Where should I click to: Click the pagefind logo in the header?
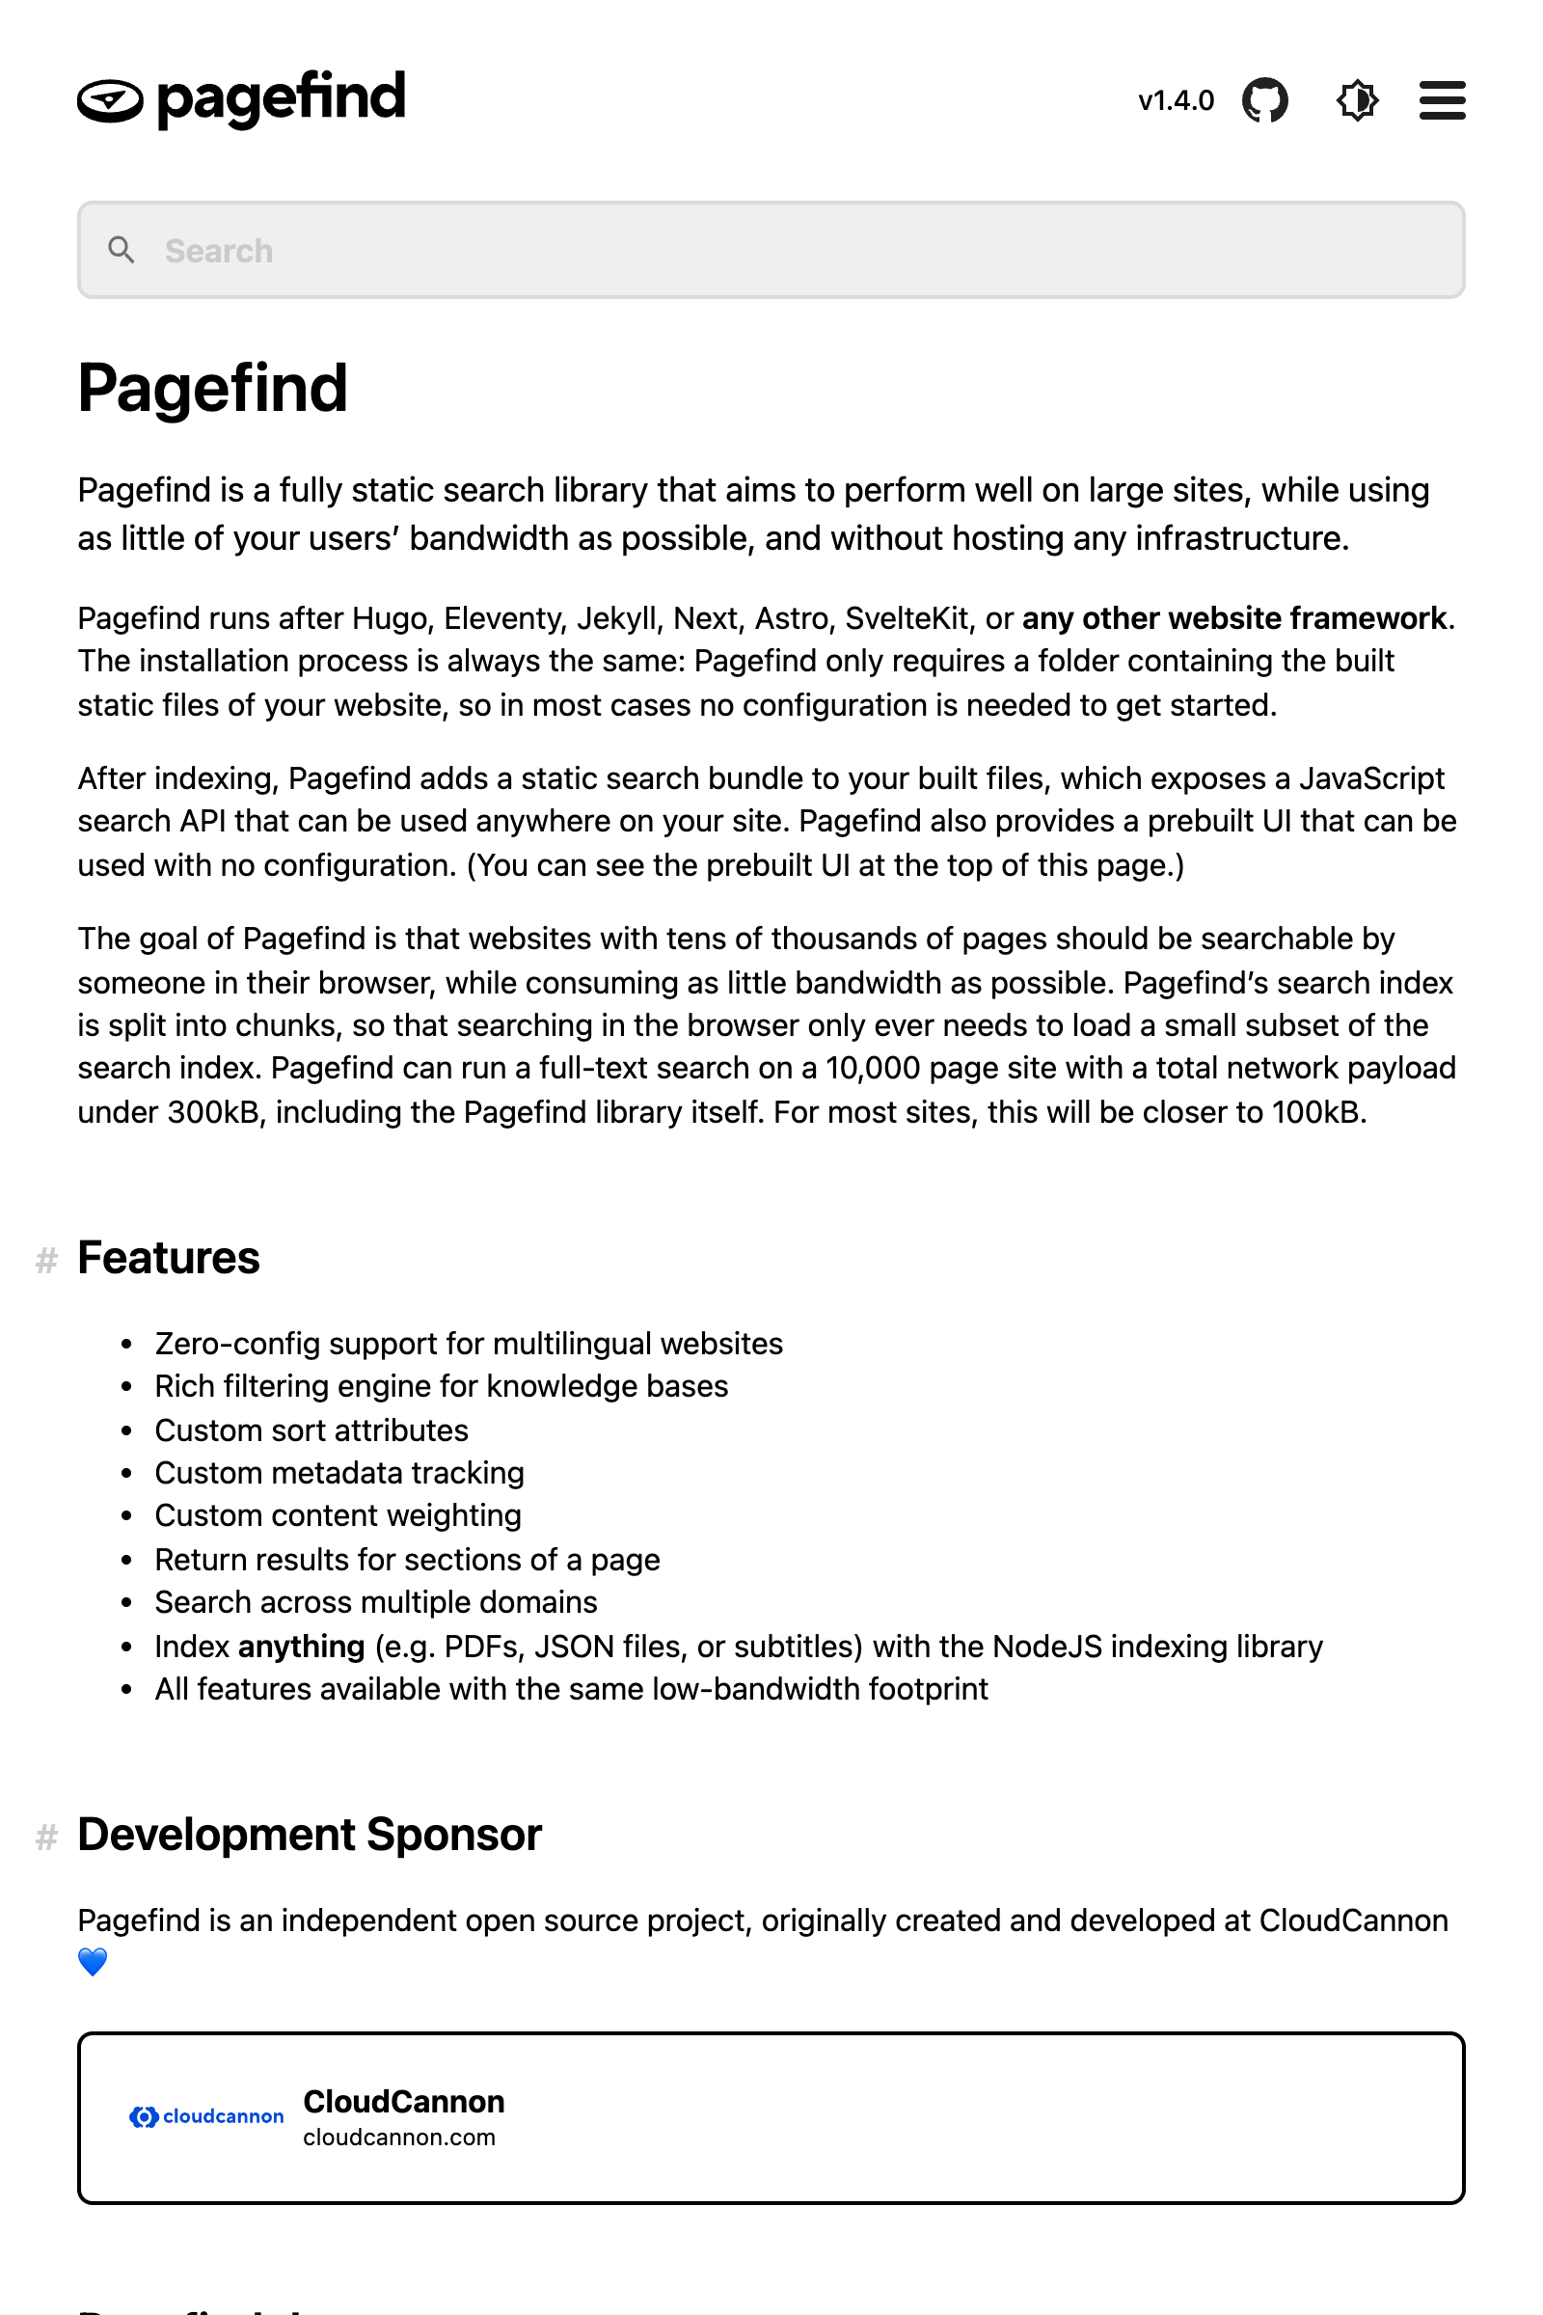[241, 99]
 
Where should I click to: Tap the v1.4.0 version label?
[1175, 100]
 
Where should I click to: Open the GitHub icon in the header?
[1264, 100]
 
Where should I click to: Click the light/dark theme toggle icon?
[1357, 100]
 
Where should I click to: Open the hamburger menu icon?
[1442, 100]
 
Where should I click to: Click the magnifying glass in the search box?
[122, 250]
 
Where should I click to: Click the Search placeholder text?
[219, 251]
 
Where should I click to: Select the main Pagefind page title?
[212, 388]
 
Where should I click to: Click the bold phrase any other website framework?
[1234, 618]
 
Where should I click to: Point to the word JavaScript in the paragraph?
[1370, 778]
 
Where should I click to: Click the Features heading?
[168, 1258]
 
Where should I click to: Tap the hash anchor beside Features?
[46, 1260]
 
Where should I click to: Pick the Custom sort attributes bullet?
[311, 1430]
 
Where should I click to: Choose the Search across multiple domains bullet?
[376, 1602]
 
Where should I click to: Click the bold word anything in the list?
[301, 1647]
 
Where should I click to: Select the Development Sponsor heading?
[309, 1835]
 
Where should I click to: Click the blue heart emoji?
[93, 1962]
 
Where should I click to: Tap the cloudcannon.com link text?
[398, 2137]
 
